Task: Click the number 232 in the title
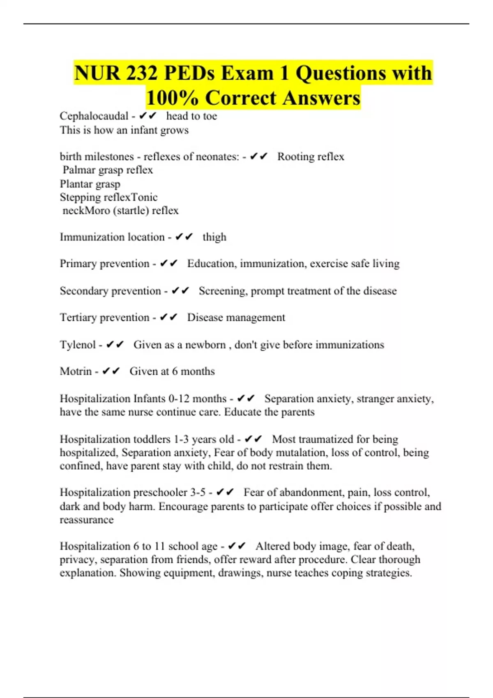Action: pos(142,73)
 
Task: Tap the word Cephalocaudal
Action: pos(94,116)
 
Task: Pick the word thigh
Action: pos(214,237)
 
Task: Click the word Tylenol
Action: pos(78,344)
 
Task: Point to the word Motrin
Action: pos(76,371)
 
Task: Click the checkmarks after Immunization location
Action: pos(184,237)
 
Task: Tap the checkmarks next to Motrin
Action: pos(111,371)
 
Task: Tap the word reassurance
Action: pos(87,520)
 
